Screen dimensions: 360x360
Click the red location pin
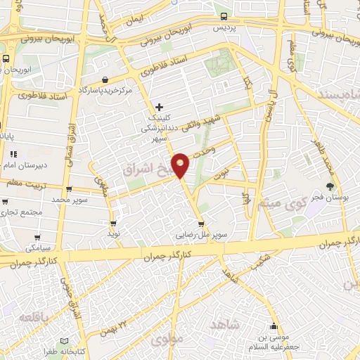[x=181, y=164]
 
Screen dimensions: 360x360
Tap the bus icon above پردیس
[x=224, y=16]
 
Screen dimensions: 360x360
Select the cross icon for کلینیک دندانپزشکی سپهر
[x=160, y=108]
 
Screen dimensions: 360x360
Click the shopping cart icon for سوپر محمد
[x=69, y=189]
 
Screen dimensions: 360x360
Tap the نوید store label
[x=112, y=232]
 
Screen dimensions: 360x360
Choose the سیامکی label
[x=38, y=248]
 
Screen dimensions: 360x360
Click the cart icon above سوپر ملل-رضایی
[x=200, y=224]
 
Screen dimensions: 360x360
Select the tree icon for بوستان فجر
[x=330, y=186]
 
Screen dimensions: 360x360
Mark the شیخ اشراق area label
[x=146, y=169]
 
